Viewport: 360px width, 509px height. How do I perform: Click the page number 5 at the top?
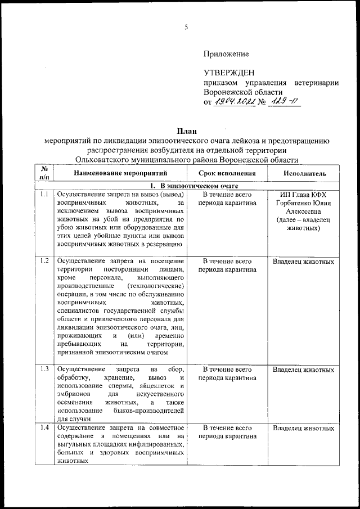(x=186, y=28)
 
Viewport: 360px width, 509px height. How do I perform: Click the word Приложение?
(x=226, y=54)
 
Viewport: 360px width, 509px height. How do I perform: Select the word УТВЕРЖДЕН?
(x=229, y=73)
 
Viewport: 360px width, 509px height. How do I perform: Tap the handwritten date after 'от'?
(x=235, y=102)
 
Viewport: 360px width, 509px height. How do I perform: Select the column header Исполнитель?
(x=304, y=174)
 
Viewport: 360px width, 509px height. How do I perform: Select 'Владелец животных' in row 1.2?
(x=304, y=261)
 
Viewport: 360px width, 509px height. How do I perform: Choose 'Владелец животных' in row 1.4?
(x=304, y=429)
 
